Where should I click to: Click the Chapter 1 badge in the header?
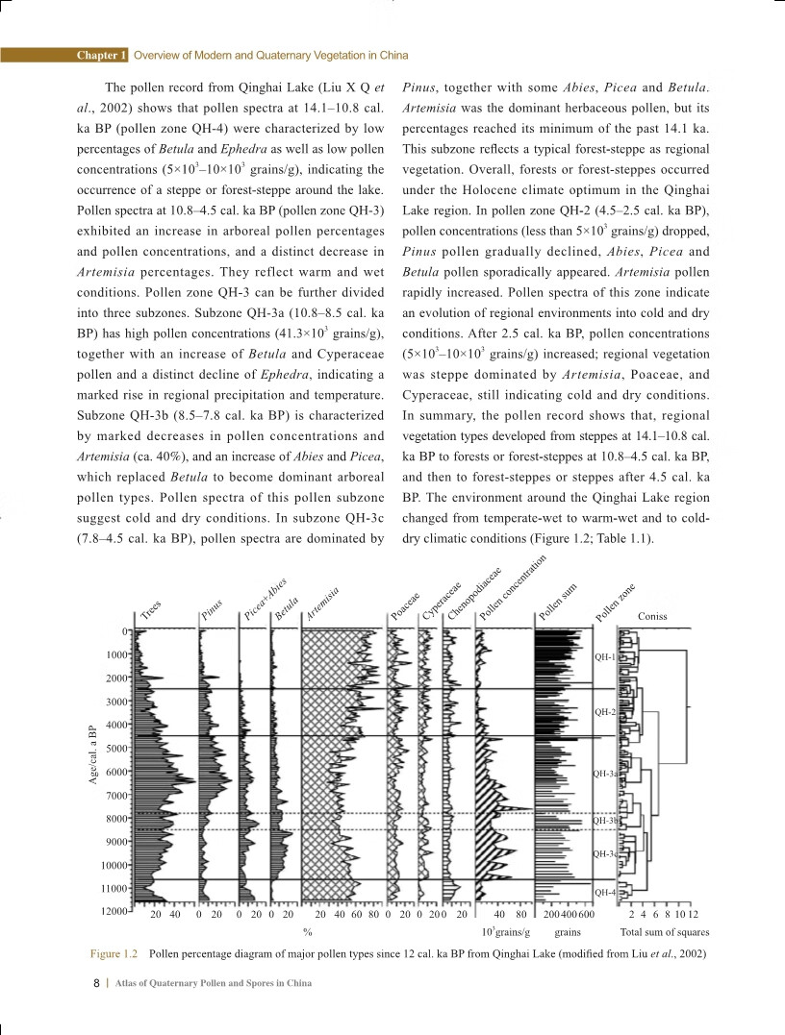coord(102,55)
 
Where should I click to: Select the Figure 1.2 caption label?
coord(114,953)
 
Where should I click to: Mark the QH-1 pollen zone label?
coord(604,657)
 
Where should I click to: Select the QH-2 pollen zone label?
coord(604,712)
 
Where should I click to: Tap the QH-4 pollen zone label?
coord(604,893)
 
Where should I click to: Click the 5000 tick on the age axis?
coord(117,748)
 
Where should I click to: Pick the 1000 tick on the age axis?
coord(117,654)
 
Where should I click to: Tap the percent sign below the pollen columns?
coord(308,932)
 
